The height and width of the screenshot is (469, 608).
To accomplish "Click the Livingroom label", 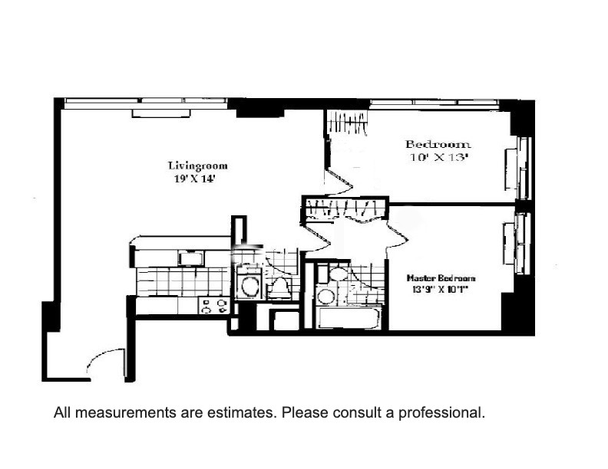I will (197, 166).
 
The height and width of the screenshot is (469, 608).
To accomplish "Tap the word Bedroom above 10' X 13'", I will (438, 144).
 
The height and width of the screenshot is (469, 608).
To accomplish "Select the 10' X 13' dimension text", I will (438, 158).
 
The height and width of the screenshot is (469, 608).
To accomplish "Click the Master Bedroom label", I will (441, 278).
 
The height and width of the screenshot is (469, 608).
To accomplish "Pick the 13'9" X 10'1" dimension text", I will (441, 290).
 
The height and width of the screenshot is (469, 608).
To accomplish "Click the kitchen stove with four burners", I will (214, 306).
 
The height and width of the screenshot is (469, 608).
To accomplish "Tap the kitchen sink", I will (190, 259).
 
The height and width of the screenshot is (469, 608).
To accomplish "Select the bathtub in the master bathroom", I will (349, 318).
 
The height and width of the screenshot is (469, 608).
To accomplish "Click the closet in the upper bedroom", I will (347, 123).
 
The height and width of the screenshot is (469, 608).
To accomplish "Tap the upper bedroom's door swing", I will (339, 183).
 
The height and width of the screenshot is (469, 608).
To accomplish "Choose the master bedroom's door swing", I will (395, 231).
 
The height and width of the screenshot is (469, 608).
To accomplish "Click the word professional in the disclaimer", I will (444, 412).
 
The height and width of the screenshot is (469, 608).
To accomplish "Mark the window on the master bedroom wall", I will (523, 244).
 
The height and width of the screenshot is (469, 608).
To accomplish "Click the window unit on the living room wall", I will (160, 113).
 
